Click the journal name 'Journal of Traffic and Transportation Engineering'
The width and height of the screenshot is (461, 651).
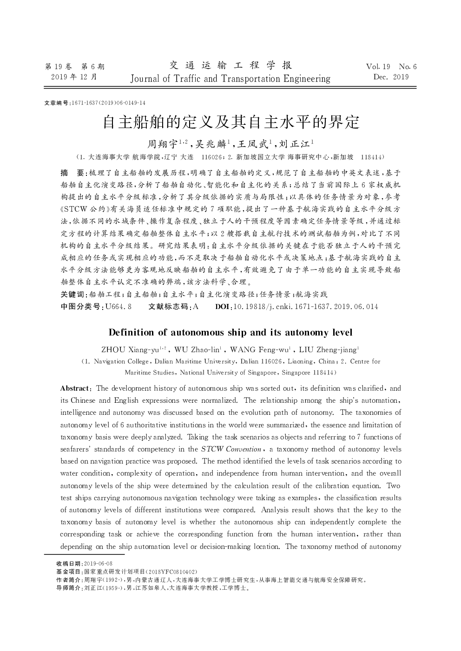tap(230, 79)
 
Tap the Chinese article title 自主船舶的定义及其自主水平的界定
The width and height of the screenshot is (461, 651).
tap(231, 122)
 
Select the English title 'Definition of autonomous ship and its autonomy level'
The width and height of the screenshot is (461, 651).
tap(230, 332)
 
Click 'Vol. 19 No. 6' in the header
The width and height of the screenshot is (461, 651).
tap(391, 67)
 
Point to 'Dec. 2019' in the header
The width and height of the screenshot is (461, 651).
tap(391, 77)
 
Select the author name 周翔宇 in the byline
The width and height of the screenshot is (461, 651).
tap(159, 144)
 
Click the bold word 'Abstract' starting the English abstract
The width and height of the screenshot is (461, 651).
tap(74, 388)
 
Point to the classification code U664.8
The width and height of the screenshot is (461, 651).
tap(119, 307)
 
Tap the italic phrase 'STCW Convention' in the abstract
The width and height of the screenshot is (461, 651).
tap(231, 449)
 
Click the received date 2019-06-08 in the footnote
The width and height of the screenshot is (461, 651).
tap(98, 563)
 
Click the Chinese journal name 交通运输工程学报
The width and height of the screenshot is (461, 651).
tap(230, 65)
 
